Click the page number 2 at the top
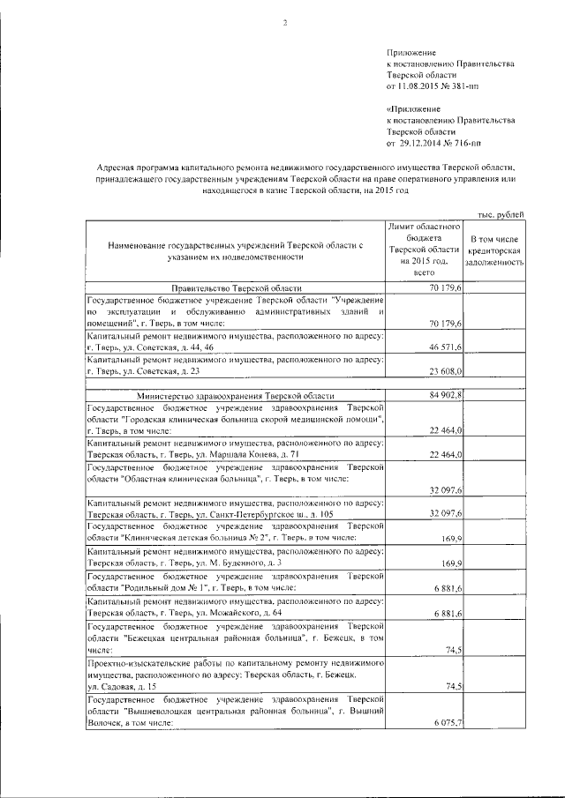285,23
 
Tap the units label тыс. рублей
500,214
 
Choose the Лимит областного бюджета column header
426,250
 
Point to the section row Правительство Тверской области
237,288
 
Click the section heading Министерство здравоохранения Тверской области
237,396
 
